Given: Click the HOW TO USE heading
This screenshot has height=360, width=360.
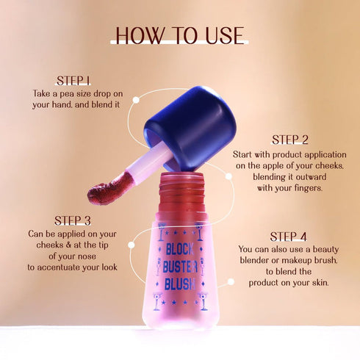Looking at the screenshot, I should (179, 35).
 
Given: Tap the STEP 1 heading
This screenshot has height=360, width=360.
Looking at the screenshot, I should (74, 80).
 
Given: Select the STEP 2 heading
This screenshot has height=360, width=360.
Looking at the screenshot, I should (289, 140).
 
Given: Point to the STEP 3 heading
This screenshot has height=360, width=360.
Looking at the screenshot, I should (73, 220).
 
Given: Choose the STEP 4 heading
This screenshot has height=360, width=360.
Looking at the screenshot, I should (288, 237).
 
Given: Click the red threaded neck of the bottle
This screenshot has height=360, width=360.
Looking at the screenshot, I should (182, 193).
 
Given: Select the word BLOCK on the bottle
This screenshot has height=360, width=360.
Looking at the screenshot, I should (181, 248).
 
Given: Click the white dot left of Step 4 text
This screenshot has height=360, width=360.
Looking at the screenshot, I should (231, 281).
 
